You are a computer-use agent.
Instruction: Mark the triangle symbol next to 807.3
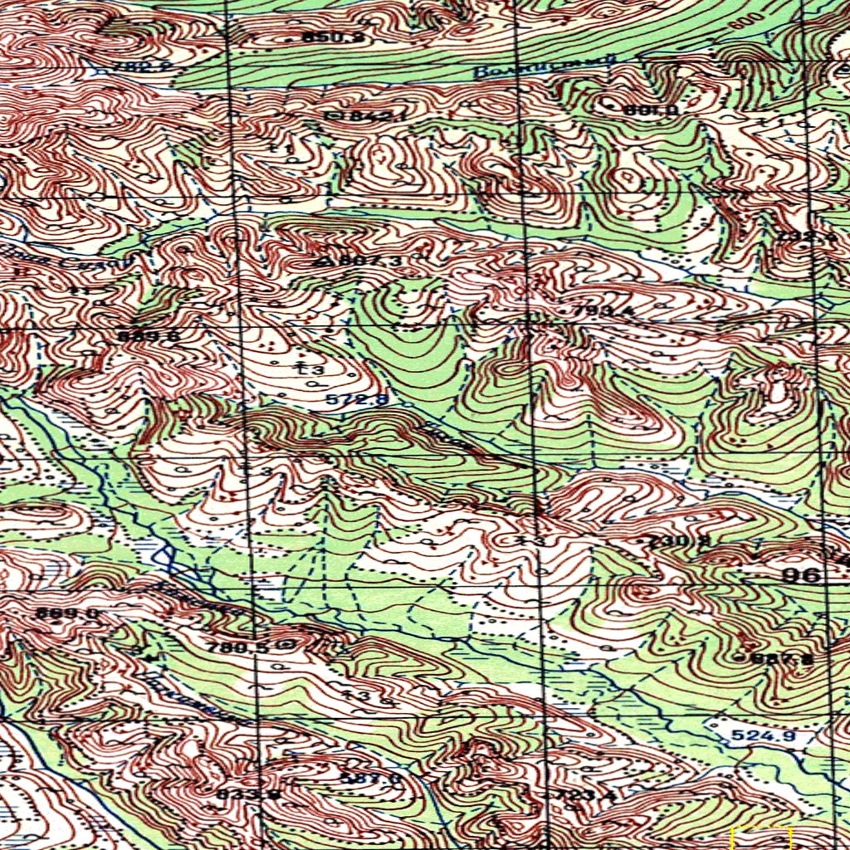pyautogui.click(x=322, y=261)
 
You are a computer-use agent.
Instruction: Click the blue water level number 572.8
pyautogui.click(x=356, y=399)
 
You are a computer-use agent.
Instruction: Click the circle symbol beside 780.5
pyautogui.click(x=288, y=644)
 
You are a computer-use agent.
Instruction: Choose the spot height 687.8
pyautogui.click(x=782, y=659)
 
